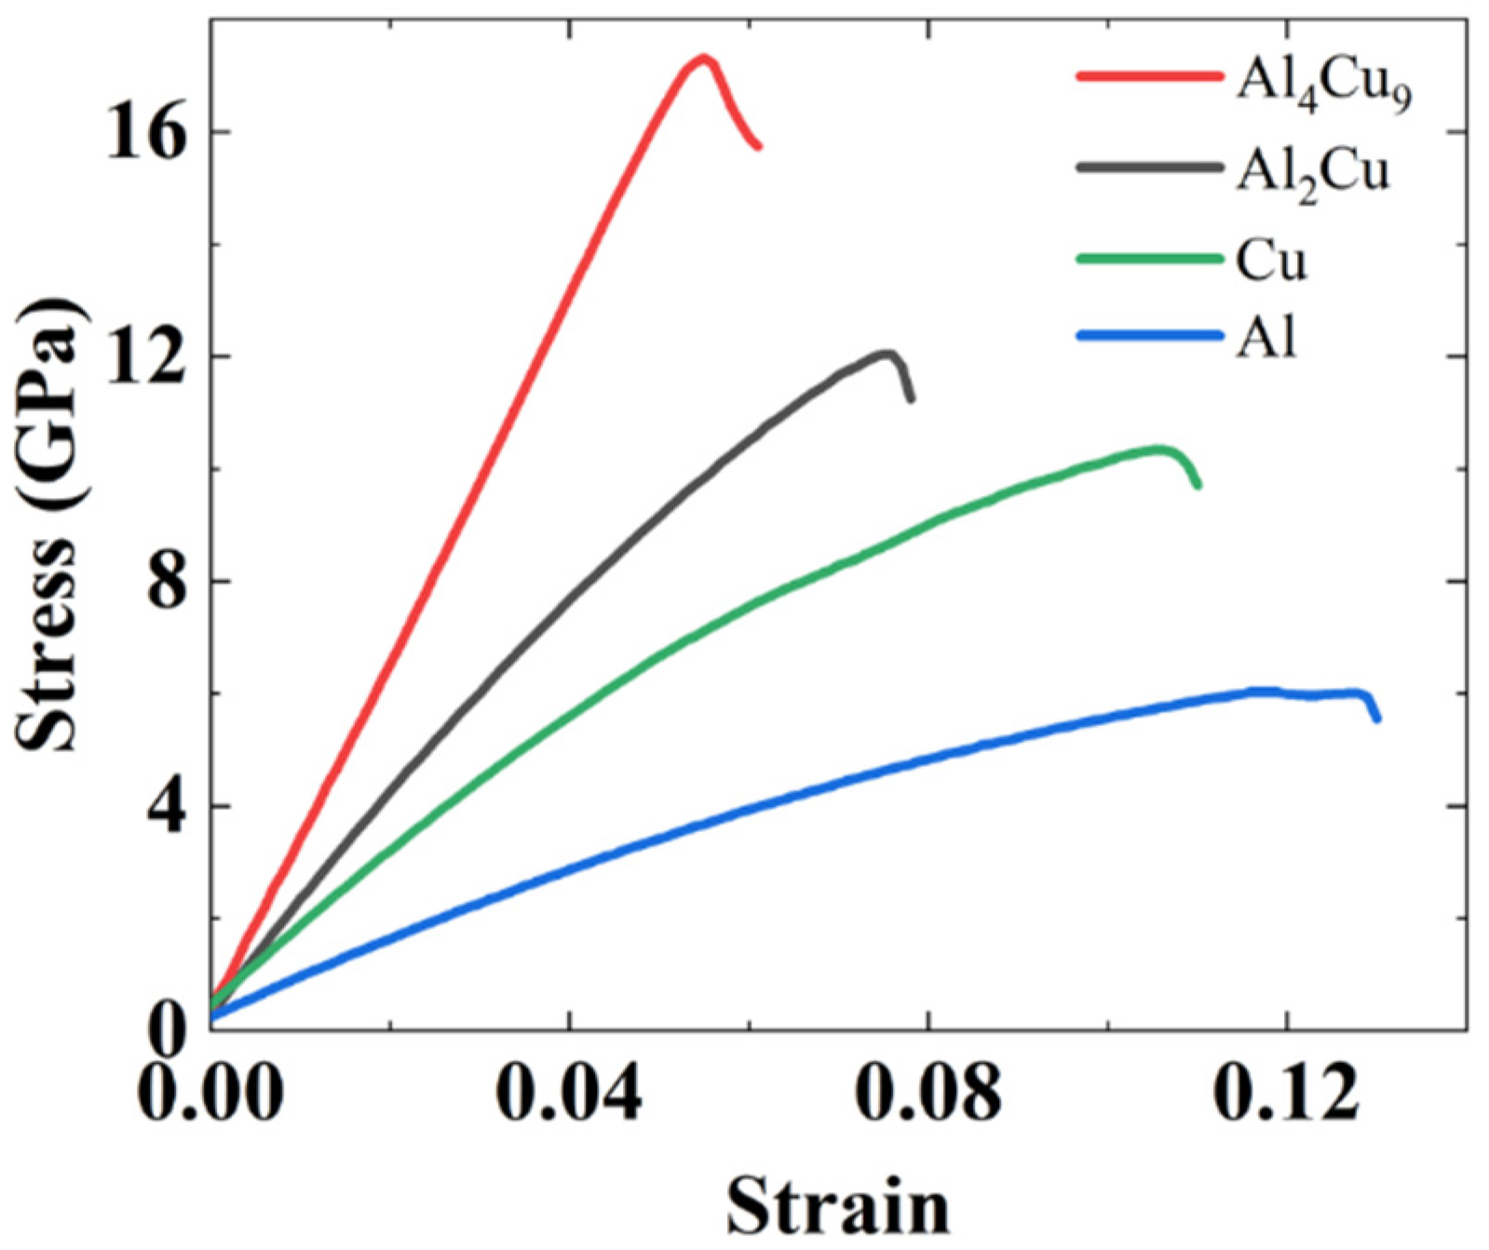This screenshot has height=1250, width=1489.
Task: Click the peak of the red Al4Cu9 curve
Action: tap(703, 59)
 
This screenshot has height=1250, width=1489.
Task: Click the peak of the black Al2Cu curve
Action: tap(887, 353)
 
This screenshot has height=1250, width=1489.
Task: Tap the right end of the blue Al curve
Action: tap(1377, 718)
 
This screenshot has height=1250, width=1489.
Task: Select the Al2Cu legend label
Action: tap(1312, 172)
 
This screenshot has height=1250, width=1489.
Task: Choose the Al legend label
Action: tap(1266, 336)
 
